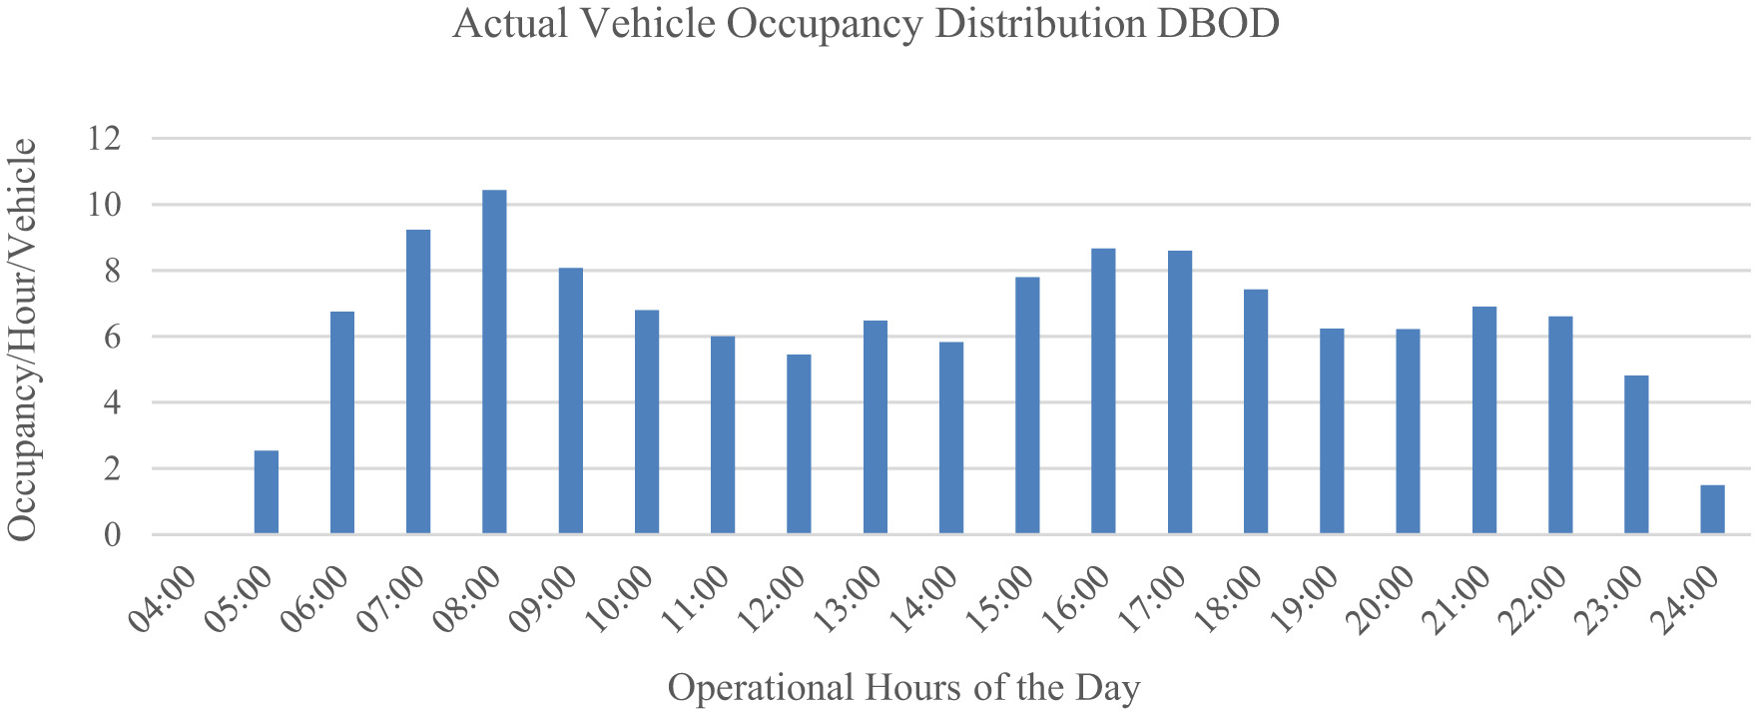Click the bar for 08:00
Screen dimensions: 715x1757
pyautogui.click(x=494, y=361)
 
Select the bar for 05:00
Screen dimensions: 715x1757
pyautogui.click(x=267, y=492)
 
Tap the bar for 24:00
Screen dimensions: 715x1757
pyautogui.click(x=1712, y=509)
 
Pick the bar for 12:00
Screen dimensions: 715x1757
pyautogui.click(x=799, y=444)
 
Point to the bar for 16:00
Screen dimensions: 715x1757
pyautogui.click(x=1103, y=391)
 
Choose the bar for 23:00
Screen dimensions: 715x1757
pyautogui.click(x=1636, y=454)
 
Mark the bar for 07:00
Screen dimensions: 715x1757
pyautogui.click(x=418, y=381)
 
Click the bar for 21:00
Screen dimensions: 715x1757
pyautogui.click(x=1484, y=420)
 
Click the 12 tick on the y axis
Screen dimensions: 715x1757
pyautogui.click(x=104, y=139)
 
